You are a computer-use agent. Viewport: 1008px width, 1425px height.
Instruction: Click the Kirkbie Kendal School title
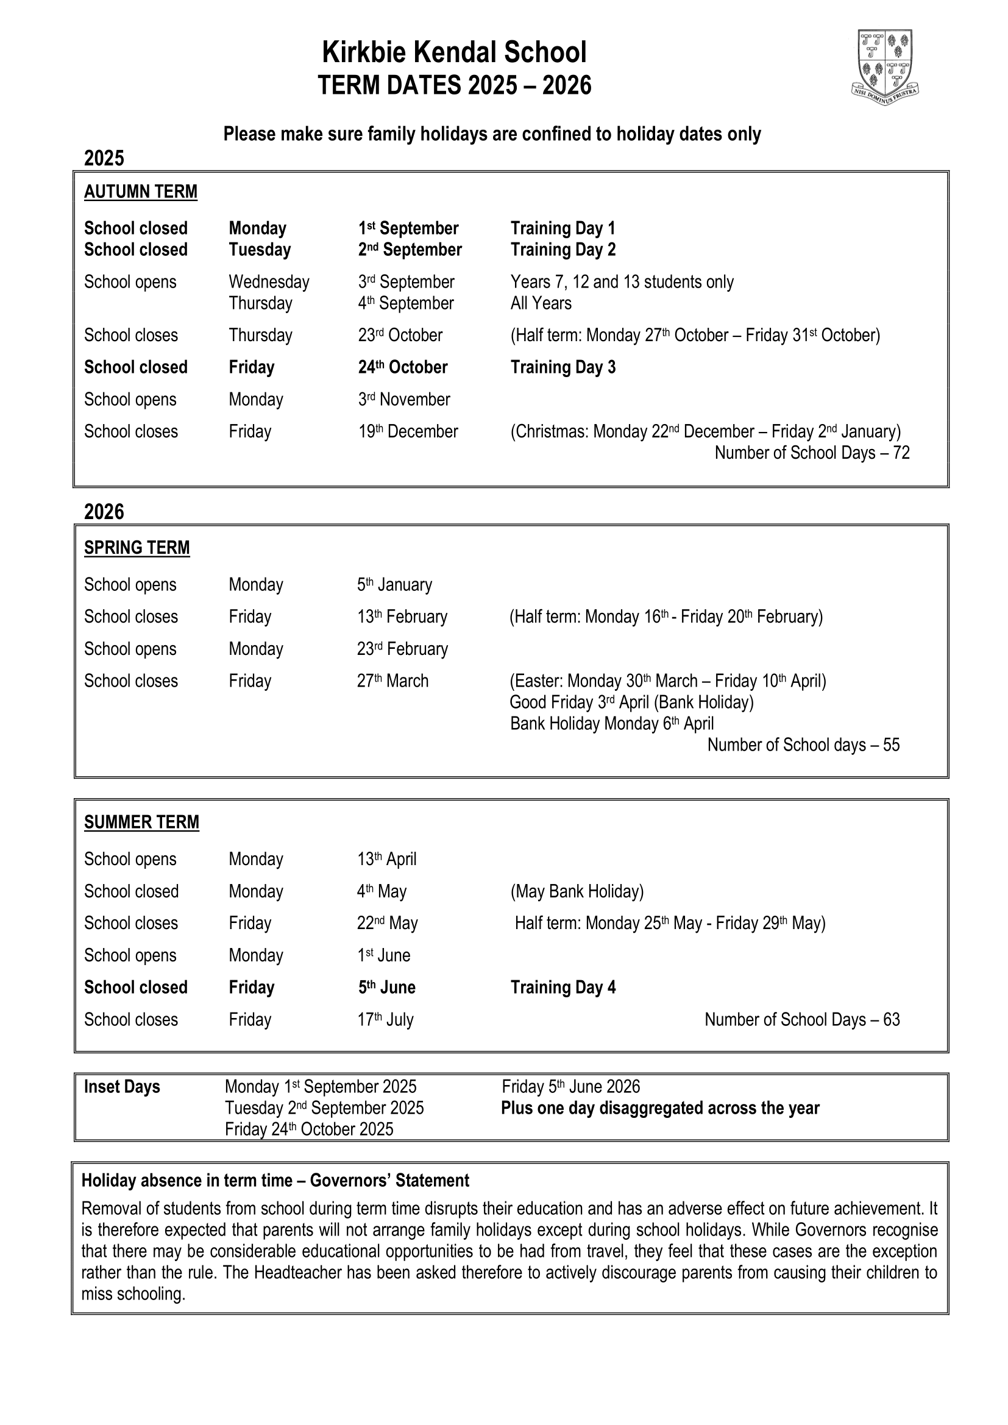coord(454,53)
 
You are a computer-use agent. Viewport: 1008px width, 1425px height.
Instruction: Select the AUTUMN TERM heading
coord(140,192)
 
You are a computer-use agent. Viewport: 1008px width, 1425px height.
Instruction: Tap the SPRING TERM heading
coord(137,548)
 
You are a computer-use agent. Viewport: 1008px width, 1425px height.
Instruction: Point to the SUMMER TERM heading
coord(141,822)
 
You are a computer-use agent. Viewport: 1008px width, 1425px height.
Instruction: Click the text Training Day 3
coord(563,367)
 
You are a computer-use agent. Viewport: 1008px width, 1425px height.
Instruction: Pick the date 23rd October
coord(400,335)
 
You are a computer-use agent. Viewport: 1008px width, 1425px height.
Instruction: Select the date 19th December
coord(408,431)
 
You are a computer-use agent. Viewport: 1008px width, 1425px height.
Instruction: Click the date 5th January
coord(394,585)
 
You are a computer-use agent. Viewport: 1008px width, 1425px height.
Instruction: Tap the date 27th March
coord(392,681)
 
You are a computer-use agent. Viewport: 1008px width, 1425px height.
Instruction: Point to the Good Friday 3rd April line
coord(631,702)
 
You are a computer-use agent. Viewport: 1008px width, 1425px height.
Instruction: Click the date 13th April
coord(387,859)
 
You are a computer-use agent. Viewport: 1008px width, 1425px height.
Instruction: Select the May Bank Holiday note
coord(577,891)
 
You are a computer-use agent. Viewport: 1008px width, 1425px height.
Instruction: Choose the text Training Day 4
coord(563,988)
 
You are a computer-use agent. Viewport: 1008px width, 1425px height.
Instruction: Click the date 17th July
coord(385,1020)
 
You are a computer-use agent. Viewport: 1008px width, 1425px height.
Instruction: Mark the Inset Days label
coord(122,1087)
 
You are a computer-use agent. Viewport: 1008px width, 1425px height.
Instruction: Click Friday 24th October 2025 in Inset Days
coord(309,1129)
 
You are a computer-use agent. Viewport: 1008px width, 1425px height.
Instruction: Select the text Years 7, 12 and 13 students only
coord(622,282)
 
